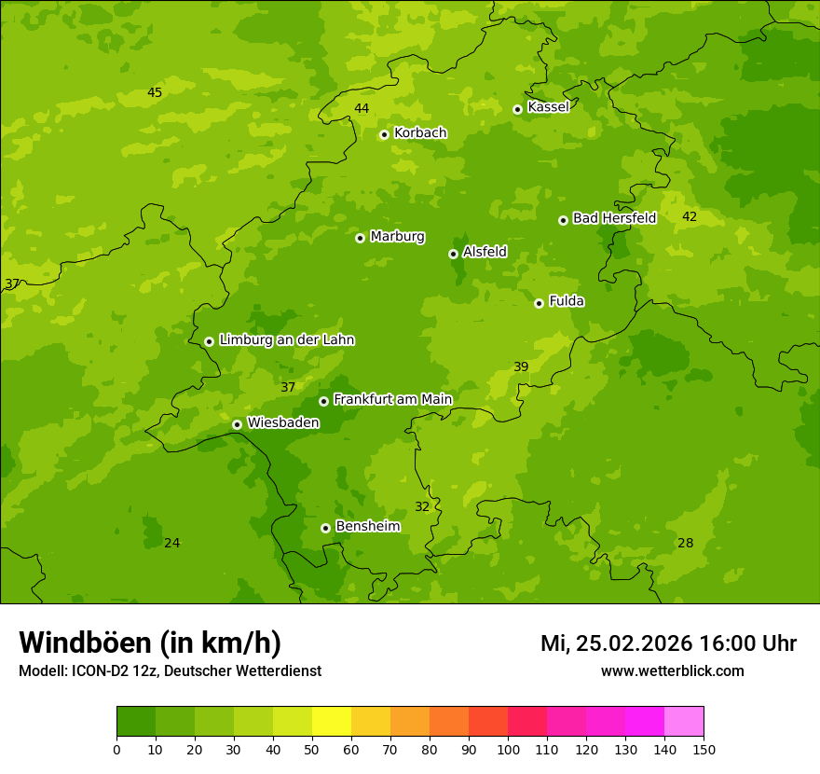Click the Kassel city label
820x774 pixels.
pos(548,107)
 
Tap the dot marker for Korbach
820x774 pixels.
pos(384,134)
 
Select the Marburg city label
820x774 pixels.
pos(397,237)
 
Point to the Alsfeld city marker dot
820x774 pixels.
pos(453,254)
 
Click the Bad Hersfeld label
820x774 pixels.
pos(614,218)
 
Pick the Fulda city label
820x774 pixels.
pos(567,301)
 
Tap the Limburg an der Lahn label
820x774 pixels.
pos(286,340)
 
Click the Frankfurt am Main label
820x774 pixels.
pos(392,399)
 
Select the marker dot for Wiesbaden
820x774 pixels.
pos(237,424)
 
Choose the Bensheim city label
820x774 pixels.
pos(367,527)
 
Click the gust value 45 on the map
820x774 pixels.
pos(155,92)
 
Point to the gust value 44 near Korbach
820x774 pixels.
pos(362,109)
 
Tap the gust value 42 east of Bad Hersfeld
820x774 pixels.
pos(690,217)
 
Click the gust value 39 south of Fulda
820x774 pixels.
pos(521,367)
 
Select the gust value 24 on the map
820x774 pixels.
pos(172,544)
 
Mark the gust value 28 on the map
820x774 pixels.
pos(686,544)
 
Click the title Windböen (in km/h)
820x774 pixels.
pos(150,643)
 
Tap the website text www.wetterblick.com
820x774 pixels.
pos(672,671)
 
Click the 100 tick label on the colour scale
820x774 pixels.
pos(508,749)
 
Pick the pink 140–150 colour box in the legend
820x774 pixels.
pos(684,722)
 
